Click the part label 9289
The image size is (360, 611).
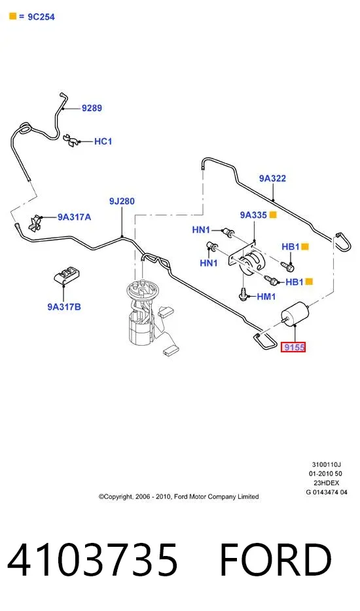click(x=92, y=108)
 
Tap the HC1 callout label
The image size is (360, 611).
click(x=103, y=141)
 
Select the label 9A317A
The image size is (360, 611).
click(x=75, y=217)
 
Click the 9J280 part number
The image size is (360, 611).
click(x=122, y=201)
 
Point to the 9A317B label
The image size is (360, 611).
click(x=64, y=306)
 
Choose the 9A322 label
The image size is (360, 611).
click(x=273, y=178)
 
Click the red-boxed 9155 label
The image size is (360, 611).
click(x=294, y=346)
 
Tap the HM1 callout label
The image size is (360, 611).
click(x=266, y=297)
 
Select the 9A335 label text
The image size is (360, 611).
click(x=253, y=215)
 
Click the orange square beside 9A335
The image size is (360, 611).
click(x=273, y=215)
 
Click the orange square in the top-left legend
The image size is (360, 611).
click(x=13, y=16)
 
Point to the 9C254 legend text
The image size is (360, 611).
click(x=41, y=17)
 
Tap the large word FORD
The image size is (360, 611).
click(x=276, y=560)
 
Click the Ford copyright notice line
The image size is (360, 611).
click(x=179, y=496)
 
